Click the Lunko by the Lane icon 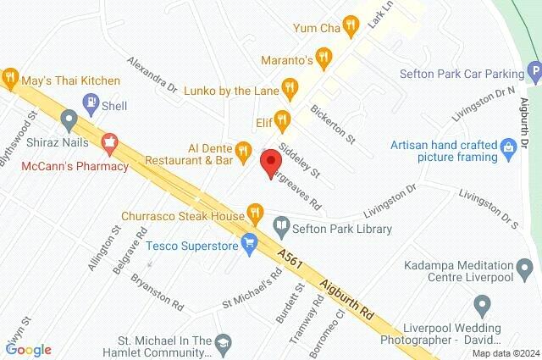coord(290,86)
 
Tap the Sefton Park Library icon coord(281,229)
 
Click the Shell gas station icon coord(91,105)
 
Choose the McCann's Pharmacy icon coord(109,142)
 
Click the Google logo coord(28,349)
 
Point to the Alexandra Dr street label coord(151,74)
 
